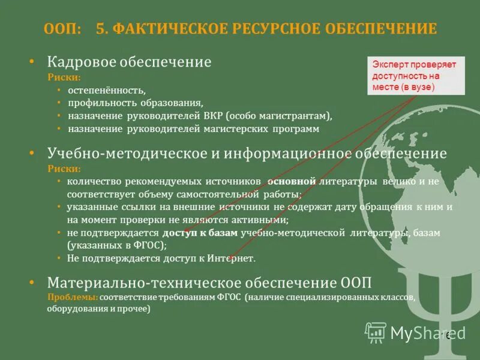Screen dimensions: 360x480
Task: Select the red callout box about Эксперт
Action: [415, 75]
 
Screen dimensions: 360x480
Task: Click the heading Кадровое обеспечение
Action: [129, 62]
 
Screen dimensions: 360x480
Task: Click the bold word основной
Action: [292, 181]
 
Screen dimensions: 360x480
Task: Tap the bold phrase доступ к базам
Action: [200, 232]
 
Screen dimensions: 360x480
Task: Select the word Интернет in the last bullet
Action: [231, 259]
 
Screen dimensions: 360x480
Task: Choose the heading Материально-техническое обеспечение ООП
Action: [213, 283]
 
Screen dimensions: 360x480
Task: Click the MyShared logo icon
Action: [376, 331]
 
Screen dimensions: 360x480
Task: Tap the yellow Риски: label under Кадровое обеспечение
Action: [64, 77]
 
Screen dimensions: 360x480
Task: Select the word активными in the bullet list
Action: [262, 220]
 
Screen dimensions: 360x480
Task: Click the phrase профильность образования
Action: [135, 103]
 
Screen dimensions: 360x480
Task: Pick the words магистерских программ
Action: [275, 128]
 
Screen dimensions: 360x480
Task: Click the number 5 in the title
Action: [100, 28]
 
